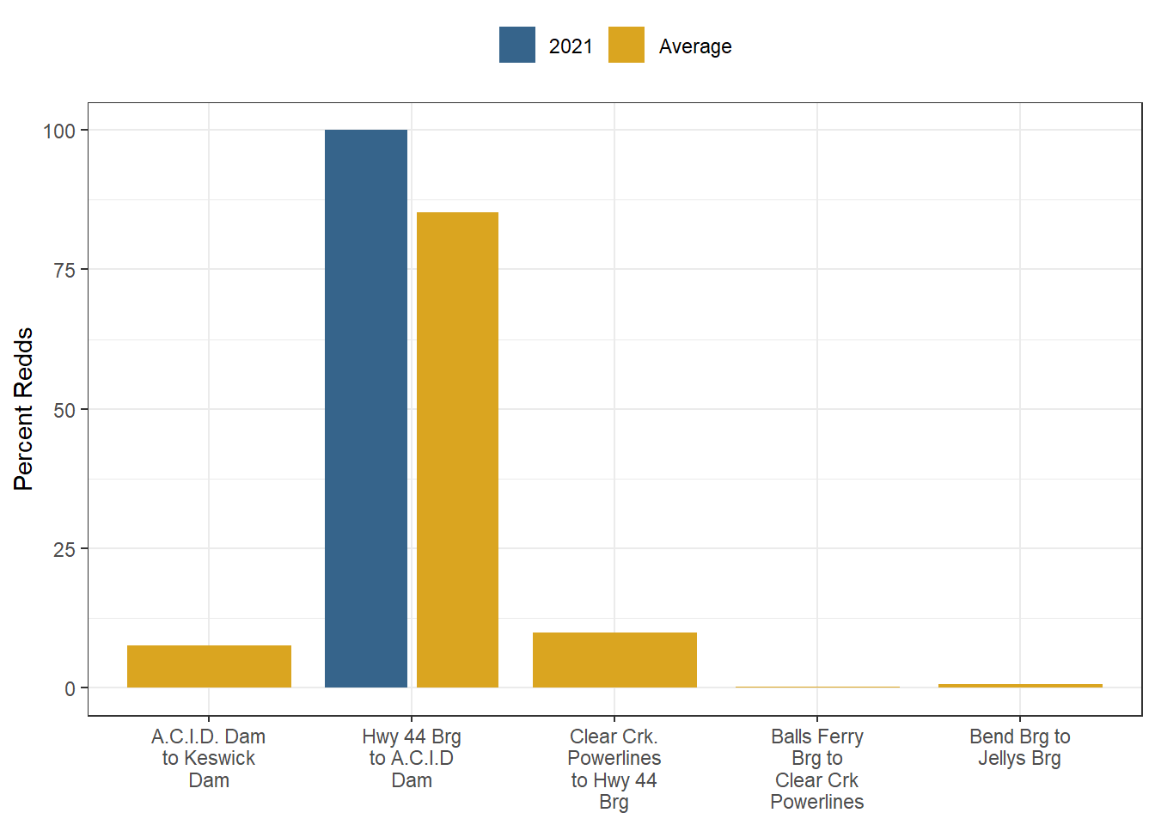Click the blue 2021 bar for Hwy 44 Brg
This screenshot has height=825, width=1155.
[366, 408]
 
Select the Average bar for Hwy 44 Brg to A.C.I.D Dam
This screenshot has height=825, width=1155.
[457, 449]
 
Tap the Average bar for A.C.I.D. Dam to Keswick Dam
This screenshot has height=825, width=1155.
[209, 666]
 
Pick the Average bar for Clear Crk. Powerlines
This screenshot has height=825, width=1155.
[614, 660]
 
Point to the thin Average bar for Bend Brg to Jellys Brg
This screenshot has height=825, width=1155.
[1020, 686]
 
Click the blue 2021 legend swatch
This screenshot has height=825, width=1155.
[516, 46]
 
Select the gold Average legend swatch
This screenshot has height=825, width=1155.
[626, 46]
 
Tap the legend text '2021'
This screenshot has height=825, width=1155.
[571, 46]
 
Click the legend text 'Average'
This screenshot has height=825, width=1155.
[695, 46]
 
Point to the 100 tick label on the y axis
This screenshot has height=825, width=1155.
[59, 131]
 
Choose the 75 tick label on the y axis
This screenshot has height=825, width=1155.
[64, 270]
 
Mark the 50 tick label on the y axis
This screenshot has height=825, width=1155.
[64, 410]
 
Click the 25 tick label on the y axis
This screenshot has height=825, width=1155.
[64, 549]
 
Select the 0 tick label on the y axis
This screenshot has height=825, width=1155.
[70, 688]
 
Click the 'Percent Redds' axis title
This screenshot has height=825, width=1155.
[23, 409]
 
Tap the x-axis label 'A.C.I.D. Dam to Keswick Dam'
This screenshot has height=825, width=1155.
[209, 758]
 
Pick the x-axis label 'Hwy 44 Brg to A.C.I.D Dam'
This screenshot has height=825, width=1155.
[412, 758]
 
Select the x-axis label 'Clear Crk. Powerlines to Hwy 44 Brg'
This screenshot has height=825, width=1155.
[614, 769]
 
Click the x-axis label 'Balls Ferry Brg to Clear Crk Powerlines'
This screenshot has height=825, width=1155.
[817, 769]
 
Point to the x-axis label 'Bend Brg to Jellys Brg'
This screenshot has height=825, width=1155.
[1020, 748]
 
